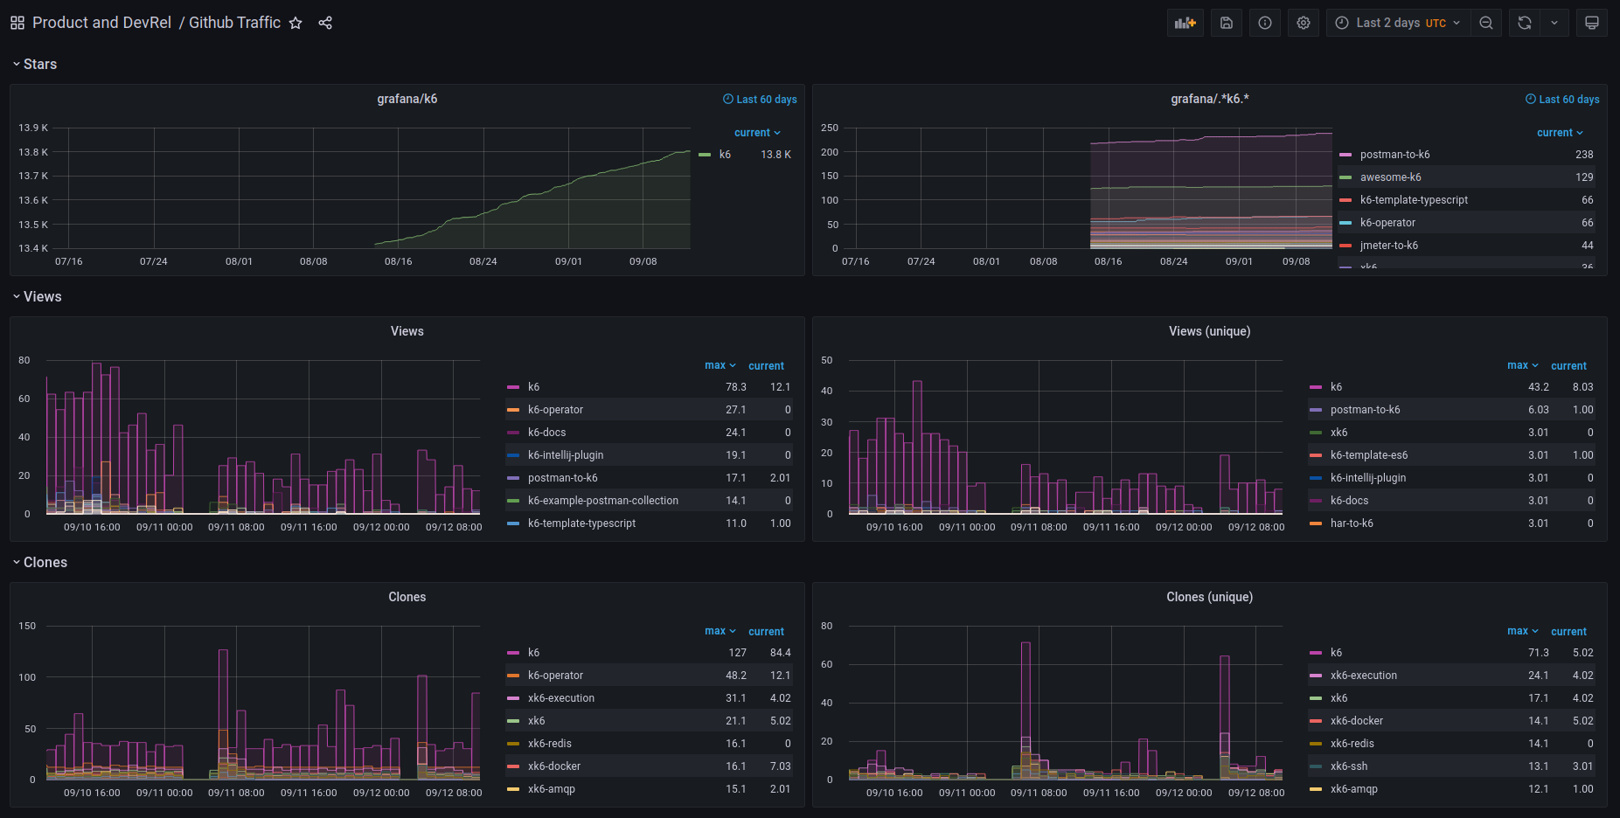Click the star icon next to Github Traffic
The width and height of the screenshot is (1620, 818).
tap(295, 24)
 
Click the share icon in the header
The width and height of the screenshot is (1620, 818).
tap(325, 24)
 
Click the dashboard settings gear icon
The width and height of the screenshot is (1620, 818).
tap(1303, 24)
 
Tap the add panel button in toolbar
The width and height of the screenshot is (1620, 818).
tap(1185, 24)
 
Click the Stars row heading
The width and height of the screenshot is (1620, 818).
tap(39, 65)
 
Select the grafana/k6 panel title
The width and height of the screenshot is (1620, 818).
tap(407, 100)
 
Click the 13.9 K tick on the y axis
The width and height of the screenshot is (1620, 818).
tap(33, 128)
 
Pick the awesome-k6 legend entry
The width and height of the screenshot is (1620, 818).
tap(1390, 177)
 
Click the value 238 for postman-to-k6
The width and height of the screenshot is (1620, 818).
tap(1583, 155)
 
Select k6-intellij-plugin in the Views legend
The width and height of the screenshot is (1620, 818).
tap(565, 455)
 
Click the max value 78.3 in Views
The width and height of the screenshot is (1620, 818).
tap(735, 387)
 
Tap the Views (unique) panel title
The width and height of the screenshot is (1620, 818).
tap(1209, 331)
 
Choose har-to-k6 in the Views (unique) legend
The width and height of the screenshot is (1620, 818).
tap(1351, 523)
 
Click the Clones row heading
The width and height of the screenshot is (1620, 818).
tap(45, 563)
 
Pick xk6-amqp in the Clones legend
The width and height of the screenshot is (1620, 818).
tap(551, 789)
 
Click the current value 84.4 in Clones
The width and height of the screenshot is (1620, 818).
tap(780, 653)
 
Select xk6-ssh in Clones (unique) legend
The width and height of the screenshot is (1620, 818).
tap(1348, 766)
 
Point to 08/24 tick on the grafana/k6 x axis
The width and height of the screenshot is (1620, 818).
tap(483, 261)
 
